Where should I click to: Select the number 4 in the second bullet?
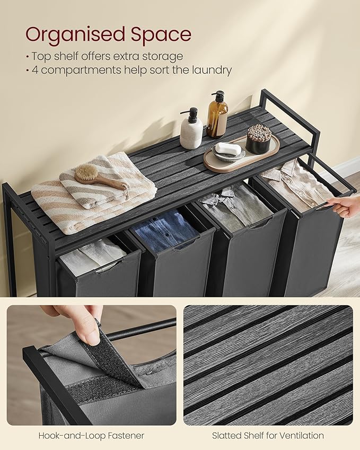pos(35,70)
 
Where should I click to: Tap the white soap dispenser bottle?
pos(191,129)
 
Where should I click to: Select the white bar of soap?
pos(228,148)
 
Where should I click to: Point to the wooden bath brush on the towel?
pos(101,179)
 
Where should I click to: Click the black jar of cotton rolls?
pos(259,139)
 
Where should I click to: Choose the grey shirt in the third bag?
pos(235,206)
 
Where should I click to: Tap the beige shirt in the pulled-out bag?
pos(296,184)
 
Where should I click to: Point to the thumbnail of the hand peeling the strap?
pos(92,365)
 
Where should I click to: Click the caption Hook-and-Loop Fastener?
pos(91,436)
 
